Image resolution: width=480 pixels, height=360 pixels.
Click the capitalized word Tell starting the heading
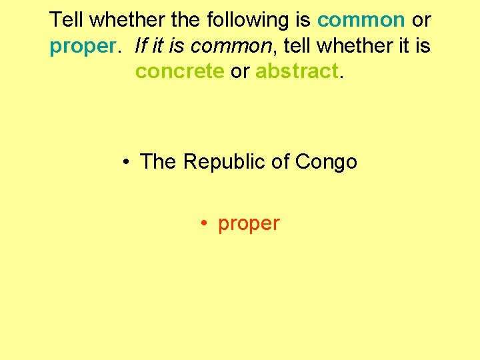tap(67, 19)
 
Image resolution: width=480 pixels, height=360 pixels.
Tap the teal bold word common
tap(361, 19)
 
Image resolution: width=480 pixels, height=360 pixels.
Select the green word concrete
tap(179, 71)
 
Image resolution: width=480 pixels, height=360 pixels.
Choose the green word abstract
tap(297, 71)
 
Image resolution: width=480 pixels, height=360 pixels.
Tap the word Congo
tap(326, 162)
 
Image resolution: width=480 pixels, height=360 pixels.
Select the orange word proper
tap(249, 224)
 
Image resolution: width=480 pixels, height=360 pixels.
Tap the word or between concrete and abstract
tap(239, 71)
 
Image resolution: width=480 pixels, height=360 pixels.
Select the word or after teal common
tap(421, 19)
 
